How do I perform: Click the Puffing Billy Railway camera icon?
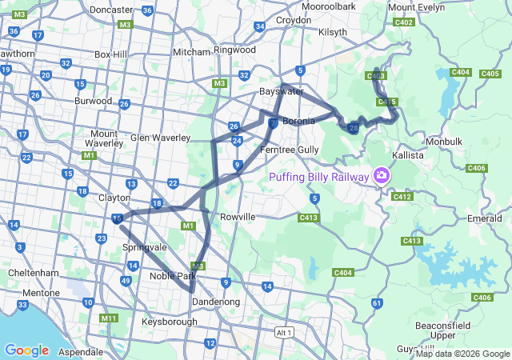(x=382, y=175)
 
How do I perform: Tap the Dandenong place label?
(x=215, y=302)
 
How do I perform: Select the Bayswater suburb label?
(x=282, y=92)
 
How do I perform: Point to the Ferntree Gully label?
(x=290, y=150)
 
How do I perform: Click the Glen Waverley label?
(x=159, y=137)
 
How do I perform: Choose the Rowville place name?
(x=237, y=217)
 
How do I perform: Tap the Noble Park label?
(x=172, y=277)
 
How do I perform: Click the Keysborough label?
(x=169, y=322)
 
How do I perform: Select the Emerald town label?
(x=485, y=218)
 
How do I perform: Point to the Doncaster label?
(x=111, y=10)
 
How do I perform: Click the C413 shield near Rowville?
(x=310, y=217)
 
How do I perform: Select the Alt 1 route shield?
(x=283, y=332)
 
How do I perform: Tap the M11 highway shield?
(x=109, y=318)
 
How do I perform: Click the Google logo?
(x=26, y=350)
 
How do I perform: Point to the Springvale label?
(x=145, y=248)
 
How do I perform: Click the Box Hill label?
(x=111, y=54)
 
